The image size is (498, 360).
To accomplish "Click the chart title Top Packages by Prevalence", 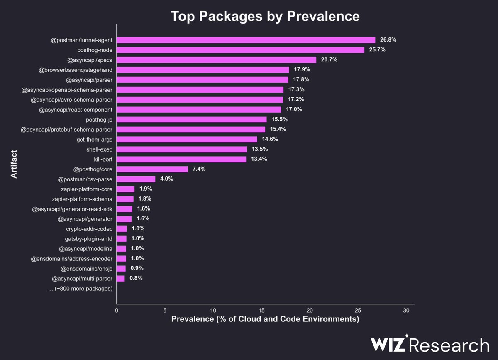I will click(x=265, y=16).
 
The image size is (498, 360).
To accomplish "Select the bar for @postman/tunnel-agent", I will click(x=246, y=40).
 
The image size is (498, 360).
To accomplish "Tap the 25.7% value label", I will click(x=378, y=50).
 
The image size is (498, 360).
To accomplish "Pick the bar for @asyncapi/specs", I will click(x=216, y=60).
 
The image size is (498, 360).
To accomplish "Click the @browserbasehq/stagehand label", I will click(x=76, y=70).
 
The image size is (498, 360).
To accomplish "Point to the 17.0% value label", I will click(x=294, y=110).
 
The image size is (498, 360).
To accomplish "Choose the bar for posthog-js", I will click(x=191, y=120).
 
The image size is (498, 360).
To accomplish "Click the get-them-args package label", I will click(x=95, y=140).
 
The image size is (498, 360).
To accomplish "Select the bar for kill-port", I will click(x=181, y=159).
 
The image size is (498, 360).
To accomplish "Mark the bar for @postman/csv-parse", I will click(x=136, y=179).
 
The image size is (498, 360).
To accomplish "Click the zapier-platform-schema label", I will click(x=82, y=199).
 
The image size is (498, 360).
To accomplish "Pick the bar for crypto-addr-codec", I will click(x=122, y=229).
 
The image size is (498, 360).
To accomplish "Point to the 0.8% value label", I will click(x=136, y=278).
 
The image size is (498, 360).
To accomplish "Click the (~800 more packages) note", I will click(x=81, y=289).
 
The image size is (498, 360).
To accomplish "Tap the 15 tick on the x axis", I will click(x=261, y=311).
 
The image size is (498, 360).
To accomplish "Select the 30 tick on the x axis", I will click(x=406, y=311).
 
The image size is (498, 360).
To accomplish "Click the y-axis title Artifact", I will click(x=14, y=164).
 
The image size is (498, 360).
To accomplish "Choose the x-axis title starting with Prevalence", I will click(x=265, y=320).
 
